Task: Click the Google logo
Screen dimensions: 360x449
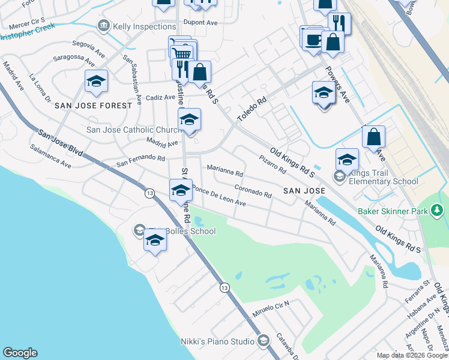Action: click(x=20, y=353)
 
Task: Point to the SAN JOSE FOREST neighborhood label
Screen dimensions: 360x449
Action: click(x=93, y=106)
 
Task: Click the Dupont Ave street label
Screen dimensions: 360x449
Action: click(x=200, y=22)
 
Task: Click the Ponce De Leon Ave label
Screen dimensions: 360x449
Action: click(x=219, y=197)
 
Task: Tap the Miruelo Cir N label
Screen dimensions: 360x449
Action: click(x=271, y=310)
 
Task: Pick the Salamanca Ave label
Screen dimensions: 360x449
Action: click(x=50, y=155)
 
